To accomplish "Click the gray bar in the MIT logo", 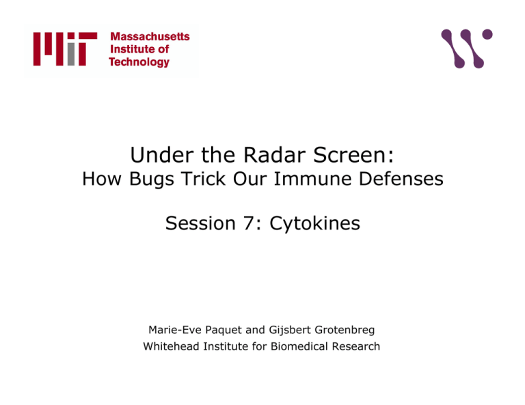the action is [x=71, y=54].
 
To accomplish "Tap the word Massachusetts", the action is [x=150, y=36].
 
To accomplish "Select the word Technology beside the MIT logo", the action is [x=139, y=62].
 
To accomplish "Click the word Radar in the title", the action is [x=275, y=155].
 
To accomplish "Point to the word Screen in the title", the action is [x=353, y=155].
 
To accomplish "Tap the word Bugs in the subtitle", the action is [x=152, y=179].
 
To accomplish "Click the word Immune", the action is [x=312, y=178].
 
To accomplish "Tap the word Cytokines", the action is [x=314, y=224].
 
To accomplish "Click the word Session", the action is [x=200, y=223].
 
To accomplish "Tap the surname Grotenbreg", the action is [x=345, y=330].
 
